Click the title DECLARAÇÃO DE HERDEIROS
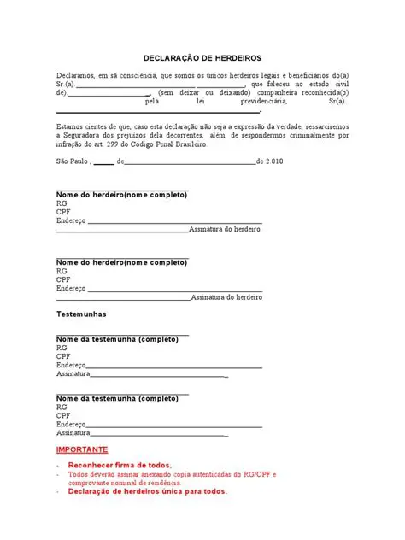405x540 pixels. [202, 57]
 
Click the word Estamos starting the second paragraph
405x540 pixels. [70, 127]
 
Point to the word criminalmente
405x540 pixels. [307, 136]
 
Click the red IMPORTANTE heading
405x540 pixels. [82, 449]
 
